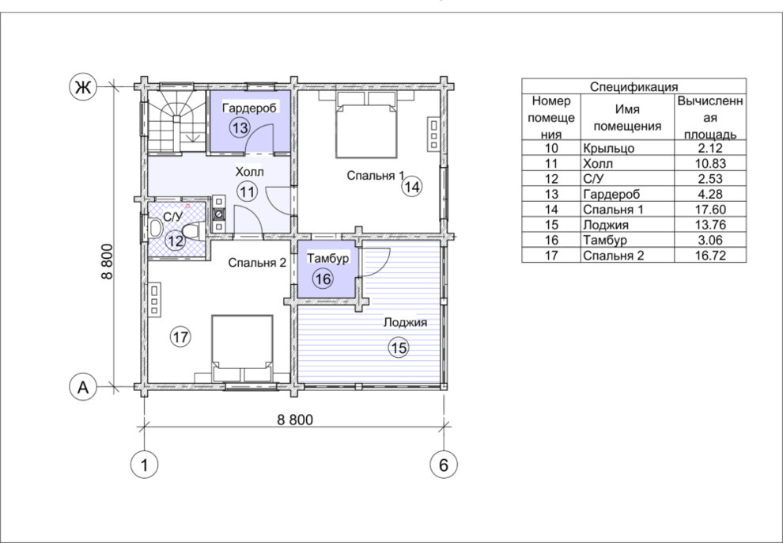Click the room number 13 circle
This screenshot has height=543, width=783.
point(240,127)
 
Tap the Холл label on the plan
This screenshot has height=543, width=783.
point(249,173)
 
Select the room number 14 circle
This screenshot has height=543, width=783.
point(412,187)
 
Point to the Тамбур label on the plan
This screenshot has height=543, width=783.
point(327,258)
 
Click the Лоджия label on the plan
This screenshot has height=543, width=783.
point(405,322)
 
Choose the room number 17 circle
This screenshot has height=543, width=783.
point(180,336)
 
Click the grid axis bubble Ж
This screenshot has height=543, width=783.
point(82,87)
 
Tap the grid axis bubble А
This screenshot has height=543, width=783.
point(82,387)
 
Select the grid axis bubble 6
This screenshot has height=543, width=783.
point(444,465)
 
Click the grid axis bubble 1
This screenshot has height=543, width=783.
point(144,465)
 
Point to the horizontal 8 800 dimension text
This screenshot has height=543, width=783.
point(295,419)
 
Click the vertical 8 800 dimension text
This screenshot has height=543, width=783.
point(106,262)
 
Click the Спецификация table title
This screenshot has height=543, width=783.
point(634,86)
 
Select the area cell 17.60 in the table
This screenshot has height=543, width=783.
point(710,209)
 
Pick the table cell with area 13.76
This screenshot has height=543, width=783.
point(710,225)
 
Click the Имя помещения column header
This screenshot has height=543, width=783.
point(627,117)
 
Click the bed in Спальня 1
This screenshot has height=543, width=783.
point(367,124)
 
